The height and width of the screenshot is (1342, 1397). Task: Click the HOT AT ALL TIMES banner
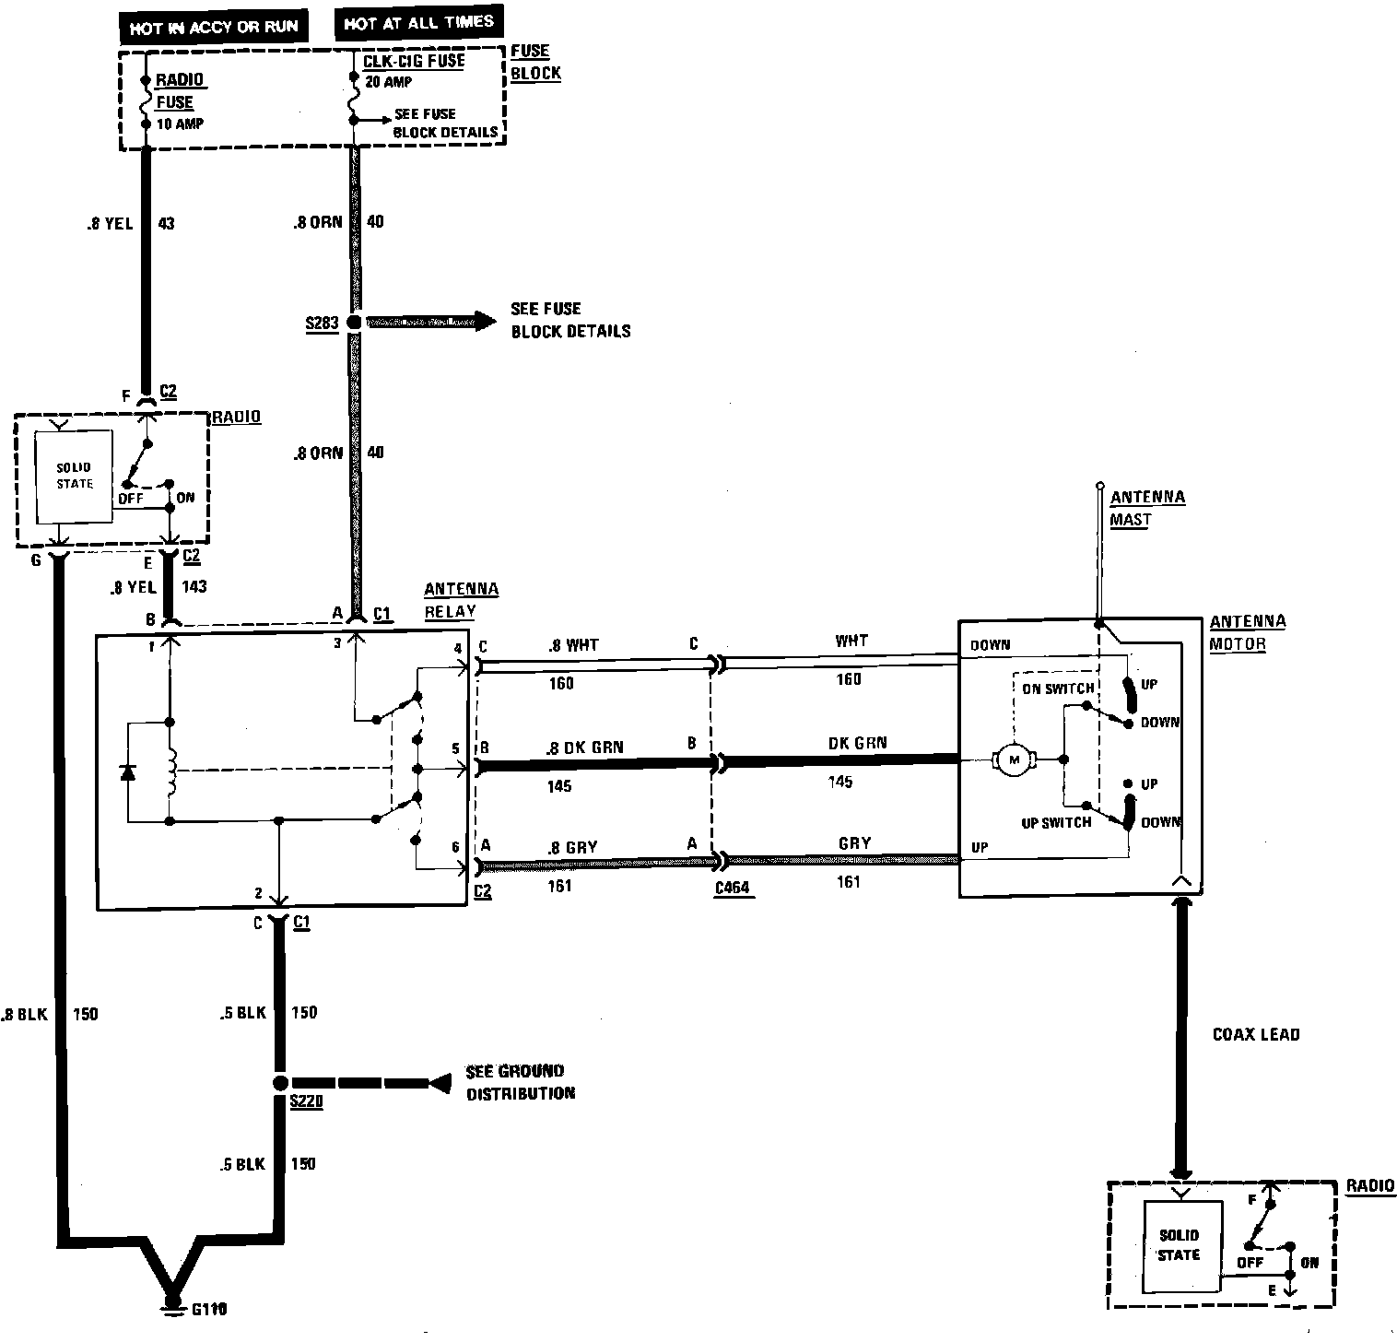[x=418, y=24]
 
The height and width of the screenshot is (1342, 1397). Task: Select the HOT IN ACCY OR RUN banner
[x=214, y=28]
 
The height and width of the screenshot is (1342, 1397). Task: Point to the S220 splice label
[x=305, y=1101]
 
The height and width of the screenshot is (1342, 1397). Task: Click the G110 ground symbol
[x=171, y=1305]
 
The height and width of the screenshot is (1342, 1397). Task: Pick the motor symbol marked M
[x=1015, y=759]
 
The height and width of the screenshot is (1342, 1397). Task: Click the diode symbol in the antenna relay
[x=128, y=771]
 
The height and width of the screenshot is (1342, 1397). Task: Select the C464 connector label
[x=733, y=889]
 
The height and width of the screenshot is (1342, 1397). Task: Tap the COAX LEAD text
[x=1255, y=1034]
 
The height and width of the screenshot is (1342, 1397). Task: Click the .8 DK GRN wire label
[x=583, y=748]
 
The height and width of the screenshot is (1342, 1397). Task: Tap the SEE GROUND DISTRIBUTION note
[x=520, y=1082]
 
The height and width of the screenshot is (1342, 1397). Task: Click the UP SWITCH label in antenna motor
[x=1056, y=821]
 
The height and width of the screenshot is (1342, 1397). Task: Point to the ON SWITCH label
[x=1058, y=688]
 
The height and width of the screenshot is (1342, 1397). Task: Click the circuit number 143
[x=194, y=585]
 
